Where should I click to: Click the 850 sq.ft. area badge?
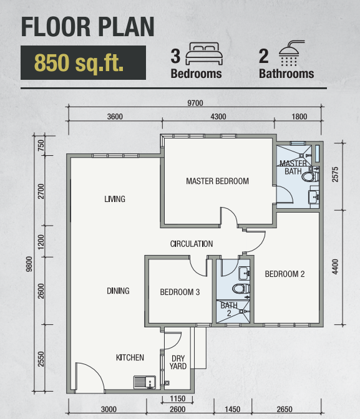point(83,62)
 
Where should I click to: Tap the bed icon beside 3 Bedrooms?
point(204,54)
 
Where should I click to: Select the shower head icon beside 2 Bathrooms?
point(290,53)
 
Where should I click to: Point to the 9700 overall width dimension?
point(195,103)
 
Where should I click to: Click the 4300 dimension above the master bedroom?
point(218,117)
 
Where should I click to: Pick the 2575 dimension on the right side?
point(335,175)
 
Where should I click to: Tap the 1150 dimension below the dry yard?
point(178,398)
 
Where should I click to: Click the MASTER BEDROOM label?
point(218,181)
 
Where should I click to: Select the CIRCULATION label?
point(192,244)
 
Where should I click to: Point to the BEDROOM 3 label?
point(180,292)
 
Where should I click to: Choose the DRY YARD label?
point(178,362)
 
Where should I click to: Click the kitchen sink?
point(145,382)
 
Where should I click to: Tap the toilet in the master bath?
point(311,176)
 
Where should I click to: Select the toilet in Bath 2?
point(241,289)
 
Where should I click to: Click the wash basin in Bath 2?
point(244,273)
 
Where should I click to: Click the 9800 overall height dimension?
point(29,264)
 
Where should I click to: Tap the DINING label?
point(118,291)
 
